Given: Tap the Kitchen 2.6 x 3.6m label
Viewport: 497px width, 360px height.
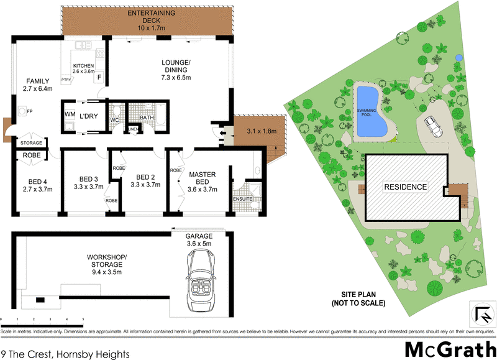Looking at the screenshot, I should click(x=84, y=68).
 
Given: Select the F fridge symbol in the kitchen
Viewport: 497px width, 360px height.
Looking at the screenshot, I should click(x=99, y=76).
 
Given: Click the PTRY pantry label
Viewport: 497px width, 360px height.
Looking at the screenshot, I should click(x=65, y=80).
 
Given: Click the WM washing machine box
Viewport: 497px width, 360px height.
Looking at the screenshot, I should click(x=69, y=115).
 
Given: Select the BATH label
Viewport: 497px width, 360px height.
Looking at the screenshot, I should click(x=147, y=117).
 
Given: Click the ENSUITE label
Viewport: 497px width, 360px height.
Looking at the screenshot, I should click(x=242, y=198).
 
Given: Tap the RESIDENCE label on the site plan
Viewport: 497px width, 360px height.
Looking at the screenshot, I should click(x=404, y=187).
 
